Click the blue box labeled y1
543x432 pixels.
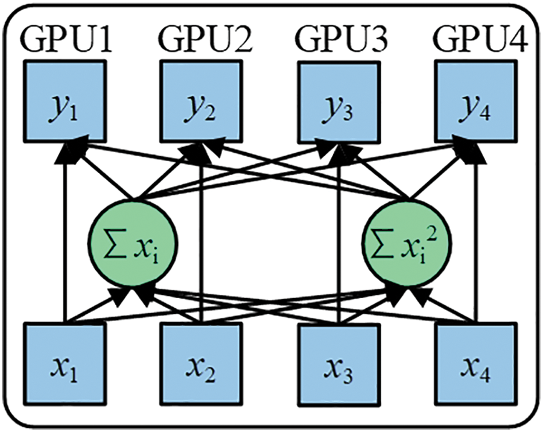(65, 101)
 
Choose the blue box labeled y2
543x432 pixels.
(201, 101)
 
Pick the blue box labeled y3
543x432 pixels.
(338, 101)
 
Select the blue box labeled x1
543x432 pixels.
(65, 364)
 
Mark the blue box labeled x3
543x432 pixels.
(338, 364)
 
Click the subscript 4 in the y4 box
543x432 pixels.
(485, 113)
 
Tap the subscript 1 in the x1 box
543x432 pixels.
(74, 375)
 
